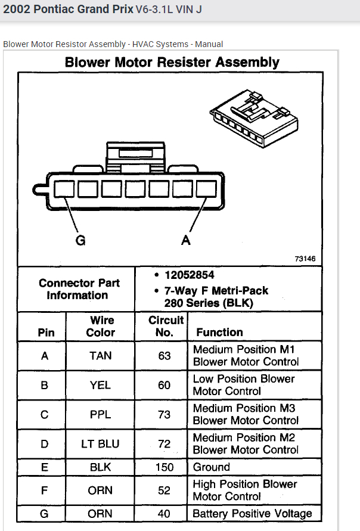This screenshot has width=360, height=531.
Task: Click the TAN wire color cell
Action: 100,356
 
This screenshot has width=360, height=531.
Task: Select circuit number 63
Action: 164,356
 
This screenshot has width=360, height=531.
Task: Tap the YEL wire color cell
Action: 100,385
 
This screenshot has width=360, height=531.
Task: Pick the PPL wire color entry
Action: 100,414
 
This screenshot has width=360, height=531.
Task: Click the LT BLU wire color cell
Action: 100,444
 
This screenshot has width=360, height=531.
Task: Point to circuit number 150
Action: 164,467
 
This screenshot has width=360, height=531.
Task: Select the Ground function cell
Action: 212,467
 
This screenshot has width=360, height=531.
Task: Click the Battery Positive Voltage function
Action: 252,513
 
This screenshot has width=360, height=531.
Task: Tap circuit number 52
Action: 164,490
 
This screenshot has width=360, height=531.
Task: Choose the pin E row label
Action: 45,467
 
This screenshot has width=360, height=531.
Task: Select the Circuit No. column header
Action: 164,326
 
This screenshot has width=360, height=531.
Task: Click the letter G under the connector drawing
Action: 80,241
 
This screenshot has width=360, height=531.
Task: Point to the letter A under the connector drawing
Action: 186,241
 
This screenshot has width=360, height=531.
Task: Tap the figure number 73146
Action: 305,259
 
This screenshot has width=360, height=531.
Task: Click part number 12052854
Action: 188,275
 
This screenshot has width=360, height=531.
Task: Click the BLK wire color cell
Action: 100,467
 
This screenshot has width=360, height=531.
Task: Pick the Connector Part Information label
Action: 79,289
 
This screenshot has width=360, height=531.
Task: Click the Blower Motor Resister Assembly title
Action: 172,63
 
